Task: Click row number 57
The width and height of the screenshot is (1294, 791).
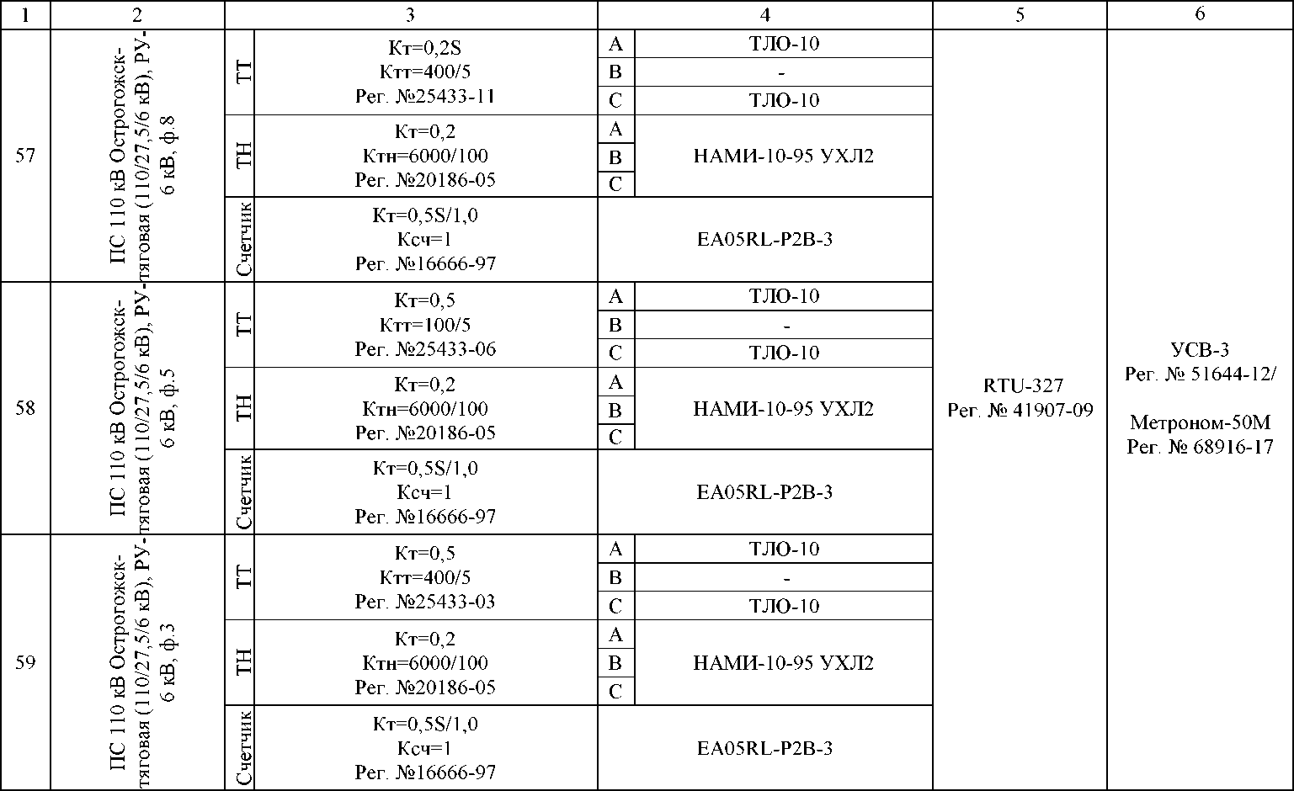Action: [x=25, y=156]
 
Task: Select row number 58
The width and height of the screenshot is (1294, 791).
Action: [x=25, y=409]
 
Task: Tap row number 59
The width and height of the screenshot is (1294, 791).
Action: [x=25, y=662]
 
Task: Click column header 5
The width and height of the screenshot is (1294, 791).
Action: [x=1020, y=14]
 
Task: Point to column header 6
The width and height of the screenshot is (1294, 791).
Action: [x=1200, y=13]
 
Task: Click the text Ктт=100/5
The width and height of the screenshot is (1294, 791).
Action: [x=425, y=325]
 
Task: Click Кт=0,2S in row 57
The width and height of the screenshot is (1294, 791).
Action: [x=425, y=47]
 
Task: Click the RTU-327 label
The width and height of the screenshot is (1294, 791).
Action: [x=1023, y=385]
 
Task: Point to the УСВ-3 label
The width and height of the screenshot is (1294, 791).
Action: [x=1200, y=350]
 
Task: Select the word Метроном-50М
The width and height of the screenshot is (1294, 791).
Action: [x=1200, y=422]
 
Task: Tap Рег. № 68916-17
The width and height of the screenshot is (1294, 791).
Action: [x=1200, y=447]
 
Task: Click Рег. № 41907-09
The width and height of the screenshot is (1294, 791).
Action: [x=1020, y=410]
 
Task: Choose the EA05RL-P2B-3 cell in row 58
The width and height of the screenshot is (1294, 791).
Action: [x=764, y=492]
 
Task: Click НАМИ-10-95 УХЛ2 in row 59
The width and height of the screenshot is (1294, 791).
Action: [x=783, y=663]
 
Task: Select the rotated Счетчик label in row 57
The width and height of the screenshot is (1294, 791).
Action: [x=244, y=239]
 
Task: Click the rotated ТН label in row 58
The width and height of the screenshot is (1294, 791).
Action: [x=244, y=408]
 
